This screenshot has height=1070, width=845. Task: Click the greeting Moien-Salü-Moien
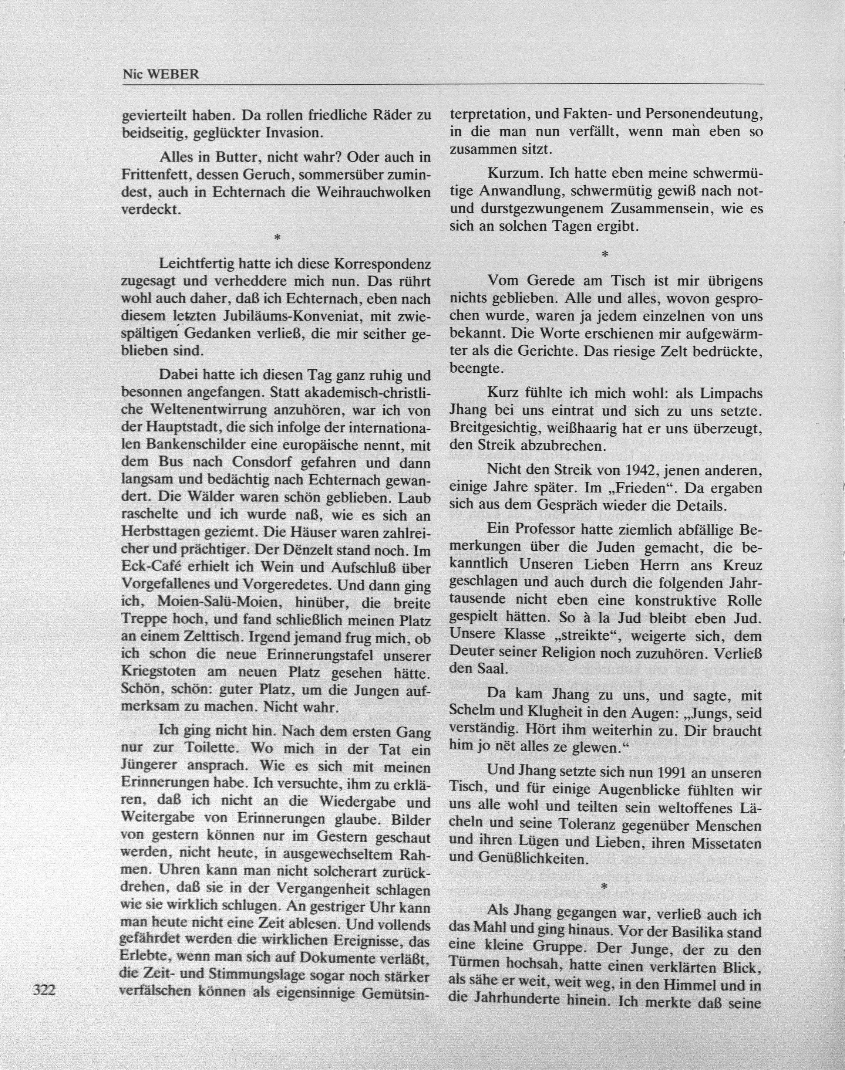coord(215,603)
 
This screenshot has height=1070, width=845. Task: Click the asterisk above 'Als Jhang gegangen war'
coord(603,888)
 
